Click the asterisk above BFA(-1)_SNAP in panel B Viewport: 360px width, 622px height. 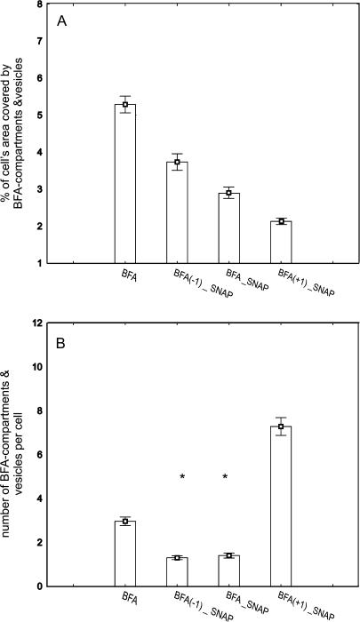[x=181, y=478]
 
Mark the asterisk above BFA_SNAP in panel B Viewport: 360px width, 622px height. [x=225, y=478]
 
